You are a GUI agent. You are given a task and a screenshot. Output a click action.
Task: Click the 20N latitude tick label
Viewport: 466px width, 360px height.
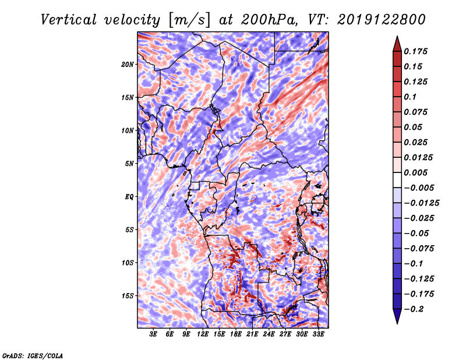127,65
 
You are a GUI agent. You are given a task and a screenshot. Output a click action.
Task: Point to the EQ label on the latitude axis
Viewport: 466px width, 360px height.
129,197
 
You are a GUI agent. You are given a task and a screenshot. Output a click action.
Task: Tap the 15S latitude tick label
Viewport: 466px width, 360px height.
127,296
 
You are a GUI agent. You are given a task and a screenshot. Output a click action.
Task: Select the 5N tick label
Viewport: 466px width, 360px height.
129,164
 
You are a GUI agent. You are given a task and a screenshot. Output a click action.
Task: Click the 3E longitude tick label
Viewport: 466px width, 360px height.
153,334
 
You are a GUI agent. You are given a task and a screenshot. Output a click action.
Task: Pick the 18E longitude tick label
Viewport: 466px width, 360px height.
236,334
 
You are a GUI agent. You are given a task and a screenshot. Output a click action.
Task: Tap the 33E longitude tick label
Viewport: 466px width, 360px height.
318,334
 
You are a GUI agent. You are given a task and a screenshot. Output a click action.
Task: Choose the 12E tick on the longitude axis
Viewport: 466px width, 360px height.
203,334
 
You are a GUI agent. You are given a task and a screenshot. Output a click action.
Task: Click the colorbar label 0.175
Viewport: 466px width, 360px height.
415,51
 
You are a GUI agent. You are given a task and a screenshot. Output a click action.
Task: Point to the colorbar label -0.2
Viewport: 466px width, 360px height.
414,309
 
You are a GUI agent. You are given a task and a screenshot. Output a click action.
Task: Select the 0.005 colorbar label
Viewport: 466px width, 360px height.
415,172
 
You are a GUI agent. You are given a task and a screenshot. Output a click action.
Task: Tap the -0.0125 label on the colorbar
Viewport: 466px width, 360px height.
421,203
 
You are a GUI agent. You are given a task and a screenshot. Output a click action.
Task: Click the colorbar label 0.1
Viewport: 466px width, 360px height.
410,97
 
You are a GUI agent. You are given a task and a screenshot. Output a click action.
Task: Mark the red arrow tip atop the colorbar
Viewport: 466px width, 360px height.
397,37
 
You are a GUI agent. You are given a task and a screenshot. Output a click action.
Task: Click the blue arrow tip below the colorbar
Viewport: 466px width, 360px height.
397,323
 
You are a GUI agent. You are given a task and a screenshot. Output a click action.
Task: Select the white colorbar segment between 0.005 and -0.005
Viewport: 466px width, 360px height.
397,180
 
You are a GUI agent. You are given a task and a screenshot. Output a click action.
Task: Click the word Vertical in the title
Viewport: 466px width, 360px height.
69,20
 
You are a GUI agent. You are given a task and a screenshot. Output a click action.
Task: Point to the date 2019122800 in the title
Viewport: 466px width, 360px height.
382,20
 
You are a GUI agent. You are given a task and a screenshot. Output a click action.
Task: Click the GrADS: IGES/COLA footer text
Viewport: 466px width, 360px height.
33,356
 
